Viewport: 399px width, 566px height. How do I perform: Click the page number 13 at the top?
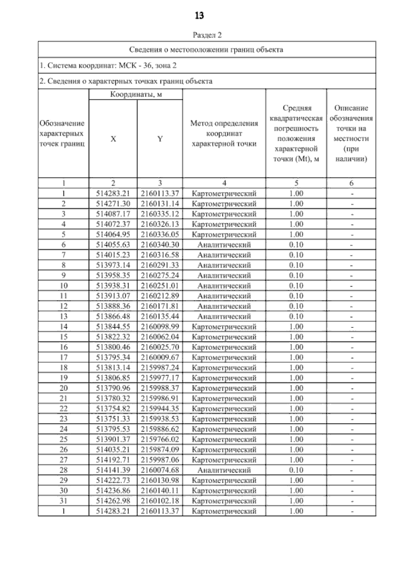coord(199,16)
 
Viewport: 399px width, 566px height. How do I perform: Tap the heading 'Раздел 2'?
coord(207,35)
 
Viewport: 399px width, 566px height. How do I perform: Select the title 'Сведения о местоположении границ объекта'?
coord(206,50)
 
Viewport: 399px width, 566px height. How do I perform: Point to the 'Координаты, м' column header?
coord(136,95)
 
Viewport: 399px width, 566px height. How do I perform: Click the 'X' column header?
coord(113,139)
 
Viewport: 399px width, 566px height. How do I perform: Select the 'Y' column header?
coord(160,139)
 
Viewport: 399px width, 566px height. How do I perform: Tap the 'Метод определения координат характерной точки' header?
coord(224,134)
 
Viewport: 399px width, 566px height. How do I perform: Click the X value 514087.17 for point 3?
coord(113,214)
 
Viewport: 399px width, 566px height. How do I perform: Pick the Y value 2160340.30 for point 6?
coord(160,245)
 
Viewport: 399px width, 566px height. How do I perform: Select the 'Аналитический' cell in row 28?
coord(224,470)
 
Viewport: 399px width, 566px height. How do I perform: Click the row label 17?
coord(64,357)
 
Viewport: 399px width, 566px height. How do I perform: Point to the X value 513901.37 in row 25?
coord(113,439)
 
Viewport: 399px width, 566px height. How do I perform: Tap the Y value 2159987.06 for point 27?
coord(160,460)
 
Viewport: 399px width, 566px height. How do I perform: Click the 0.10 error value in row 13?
coord(296,316)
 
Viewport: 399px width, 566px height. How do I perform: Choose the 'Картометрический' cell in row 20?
coord(224,388)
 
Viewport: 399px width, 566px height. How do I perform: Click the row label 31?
coord(64,501)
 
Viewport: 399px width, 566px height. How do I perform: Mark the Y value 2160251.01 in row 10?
coord(160,286)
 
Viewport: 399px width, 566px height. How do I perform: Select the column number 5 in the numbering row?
coord(296,183)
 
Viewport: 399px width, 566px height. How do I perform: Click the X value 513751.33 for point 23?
coord(113,419)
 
